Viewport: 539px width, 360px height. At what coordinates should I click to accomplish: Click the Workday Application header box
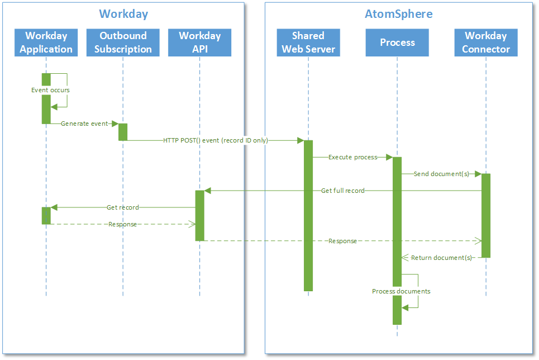click(46, 42)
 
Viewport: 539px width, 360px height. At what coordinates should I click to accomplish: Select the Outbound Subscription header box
click(123, 42)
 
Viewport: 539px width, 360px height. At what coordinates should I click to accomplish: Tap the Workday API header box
click(199, 42)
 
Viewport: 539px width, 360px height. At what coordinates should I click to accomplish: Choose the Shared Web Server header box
click(308, 42)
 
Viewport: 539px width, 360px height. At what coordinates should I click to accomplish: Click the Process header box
click(397, 42)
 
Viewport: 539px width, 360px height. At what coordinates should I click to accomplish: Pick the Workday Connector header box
click(485, 42)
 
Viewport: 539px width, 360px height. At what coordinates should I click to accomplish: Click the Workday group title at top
click(123, 14)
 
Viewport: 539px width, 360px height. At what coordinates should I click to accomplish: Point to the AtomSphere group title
click(398, 14)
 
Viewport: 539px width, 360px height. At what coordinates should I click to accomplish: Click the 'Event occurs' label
click(50, 90)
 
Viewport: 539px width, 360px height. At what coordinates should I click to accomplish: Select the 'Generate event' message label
click(84, 124)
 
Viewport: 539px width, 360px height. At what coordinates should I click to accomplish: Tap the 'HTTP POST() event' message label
click(215, 140)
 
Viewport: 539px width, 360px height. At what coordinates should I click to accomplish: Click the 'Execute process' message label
click(352, 157)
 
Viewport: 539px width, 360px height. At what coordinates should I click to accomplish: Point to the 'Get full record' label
click(342, 191)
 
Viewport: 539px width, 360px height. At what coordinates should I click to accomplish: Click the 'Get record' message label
click(122, 207)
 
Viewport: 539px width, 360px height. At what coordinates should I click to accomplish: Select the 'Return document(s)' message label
click(441, 258)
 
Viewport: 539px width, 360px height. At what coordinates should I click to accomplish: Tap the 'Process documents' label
click(401, 291)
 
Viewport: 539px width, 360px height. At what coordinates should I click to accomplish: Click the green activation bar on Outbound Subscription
click(123, 132)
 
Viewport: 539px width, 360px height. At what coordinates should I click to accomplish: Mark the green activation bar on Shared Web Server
click(308, 215)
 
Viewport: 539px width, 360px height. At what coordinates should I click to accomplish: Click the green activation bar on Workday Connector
click(486, 215)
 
